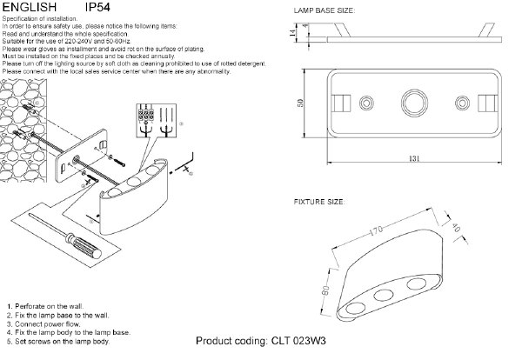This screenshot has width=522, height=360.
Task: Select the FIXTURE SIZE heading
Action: click(321, 202)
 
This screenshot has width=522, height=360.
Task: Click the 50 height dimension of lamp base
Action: click(301, 103)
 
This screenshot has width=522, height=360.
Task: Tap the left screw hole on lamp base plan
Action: click(365, 103)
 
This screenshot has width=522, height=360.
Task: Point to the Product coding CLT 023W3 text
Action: click(261, 343)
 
